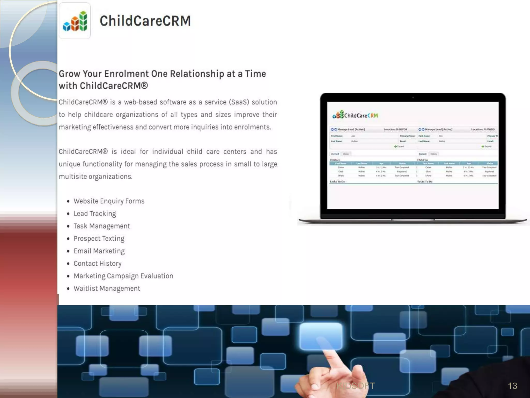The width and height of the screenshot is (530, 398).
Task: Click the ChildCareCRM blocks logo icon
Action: point(75,21)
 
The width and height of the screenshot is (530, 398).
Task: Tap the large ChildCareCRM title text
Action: point(145,21)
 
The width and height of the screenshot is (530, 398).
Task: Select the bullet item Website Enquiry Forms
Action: point(109,201)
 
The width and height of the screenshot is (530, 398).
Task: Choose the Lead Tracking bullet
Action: point(95,214)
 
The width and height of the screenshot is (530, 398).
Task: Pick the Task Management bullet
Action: point(102,226)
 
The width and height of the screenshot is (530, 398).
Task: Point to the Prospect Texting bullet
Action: point(99,238)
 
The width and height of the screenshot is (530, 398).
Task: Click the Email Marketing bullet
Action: point(99,251)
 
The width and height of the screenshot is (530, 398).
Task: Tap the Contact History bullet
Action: point(98,263)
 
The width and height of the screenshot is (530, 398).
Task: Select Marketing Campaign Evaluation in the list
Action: point(123,276)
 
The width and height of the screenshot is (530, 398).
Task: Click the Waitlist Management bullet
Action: point(107,288)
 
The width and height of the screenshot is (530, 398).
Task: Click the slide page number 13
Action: point(512,386)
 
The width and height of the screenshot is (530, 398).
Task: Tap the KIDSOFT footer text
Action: point(356,386)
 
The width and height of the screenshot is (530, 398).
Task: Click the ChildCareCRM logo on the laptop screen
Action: point(355,115)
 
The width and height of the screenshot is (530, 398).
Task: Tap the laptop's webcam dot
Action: point(413,98)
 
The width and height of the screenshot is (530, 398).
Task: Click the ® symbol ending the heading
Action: point(145,85)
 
